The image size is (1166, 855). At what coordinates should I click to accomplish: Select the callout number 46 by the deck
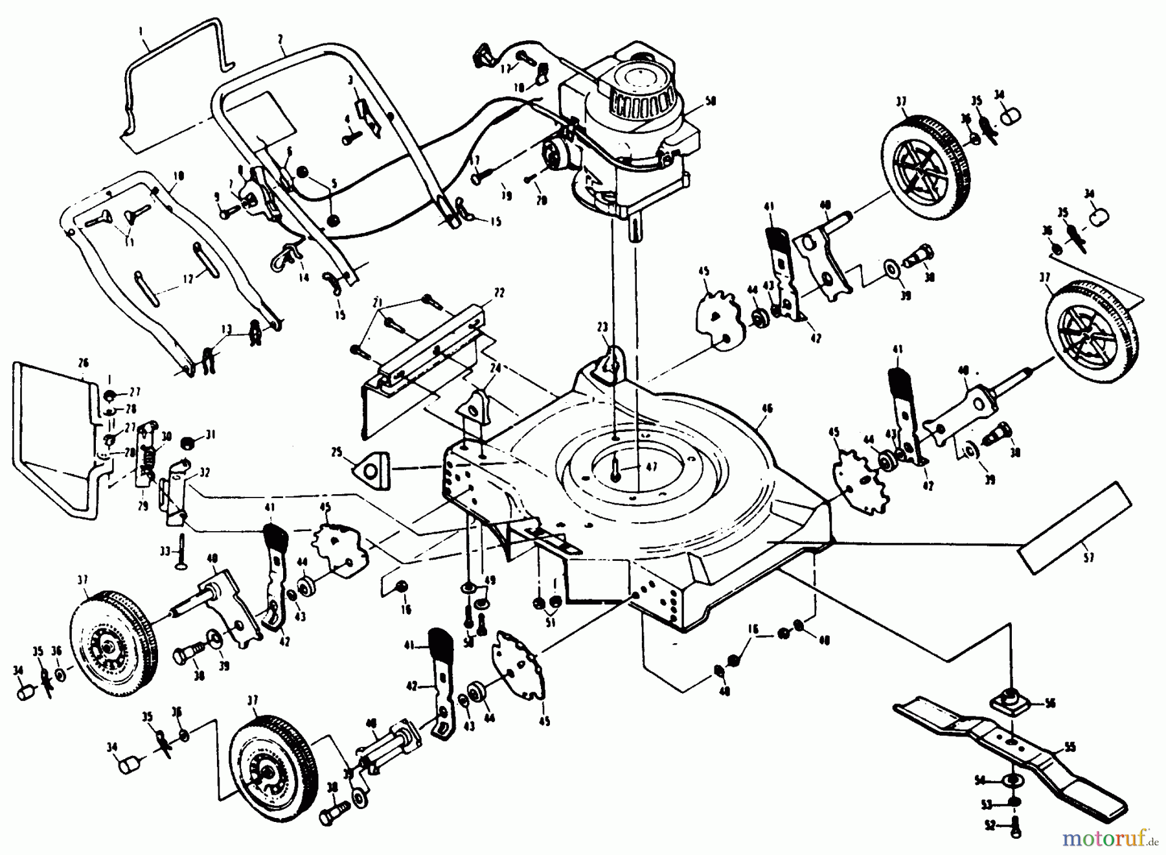(x=767, y=408)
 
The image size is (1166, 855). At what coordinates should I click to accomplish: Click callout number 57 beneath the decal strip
(x=1088, y=557)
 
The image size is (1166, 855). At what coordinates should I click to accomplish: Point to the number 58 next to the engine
(x=711, y=102)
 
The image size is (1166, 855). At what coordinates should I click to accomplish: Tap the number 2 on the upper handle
(x=280, y=39)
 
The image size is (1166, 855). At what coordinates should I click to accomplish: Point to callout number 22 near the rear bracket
(x=497, y=293)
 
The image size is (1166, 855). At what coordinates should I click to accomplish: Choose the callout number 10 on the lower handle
(x=179, y=176)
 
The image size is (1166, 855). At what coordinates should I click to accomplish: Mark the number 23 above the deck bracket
(x=602, y=328)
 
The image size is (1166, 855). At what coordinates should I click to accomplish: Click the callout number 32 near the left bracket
(x=205, y=472)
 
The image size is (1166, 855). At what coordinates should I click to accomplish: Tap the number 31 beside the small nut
(x=210, y=433)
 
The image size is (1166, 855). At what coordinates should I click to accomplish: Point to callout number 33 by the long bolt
(x=165, y=551)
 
